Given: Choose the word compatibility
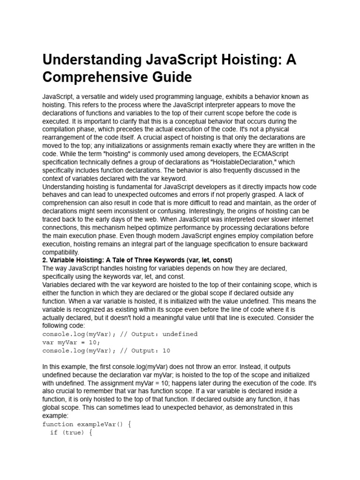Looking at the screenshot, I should tap(60, 252).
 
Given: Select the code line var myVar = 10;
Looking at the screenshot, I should tap(71, 343).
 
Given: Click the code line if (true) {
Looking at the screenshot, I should tap(71, 433).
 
